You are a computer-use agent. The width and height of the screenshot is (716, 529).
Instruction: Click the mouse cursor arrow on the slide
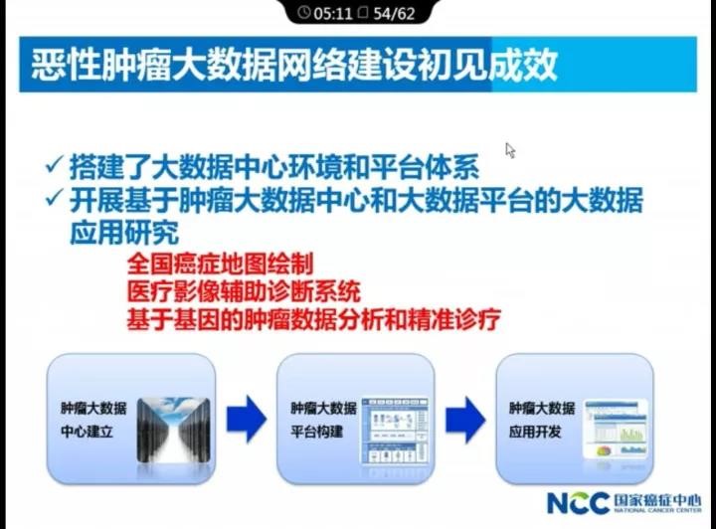tap(510, 150)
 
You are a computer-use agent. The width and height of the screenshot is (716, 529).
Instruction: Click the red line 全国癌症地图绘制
tap(220, 264)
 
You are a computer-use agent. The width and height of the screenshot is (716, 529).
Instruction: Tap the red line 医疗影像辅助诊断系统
tap(243, 292)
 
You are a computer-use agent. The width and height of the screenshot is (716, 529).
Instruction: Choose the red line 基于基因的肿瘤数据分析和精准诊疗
tap(313, 320)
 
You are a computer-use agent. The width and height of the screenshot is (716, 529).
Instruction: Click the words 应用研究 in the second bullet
tap(123, 233)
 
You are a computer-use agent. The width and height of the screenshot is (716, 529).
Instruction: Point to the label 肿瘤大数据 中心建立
tap(93, 420)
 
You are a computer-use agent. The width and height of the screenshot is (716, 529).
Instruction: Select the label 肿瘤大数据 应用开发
tap(541, 420)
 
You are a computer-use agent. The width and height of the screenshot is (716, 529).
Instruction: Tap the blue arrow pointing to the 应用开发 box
tap(464, 419)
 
